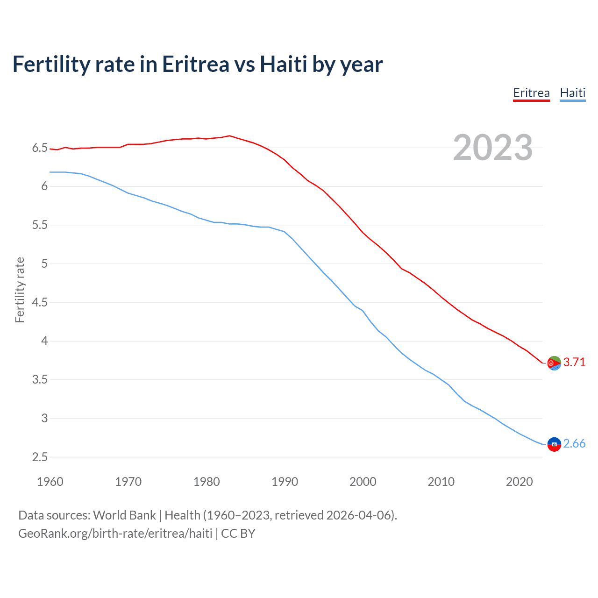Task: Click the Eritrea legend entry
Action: tap(531, 93)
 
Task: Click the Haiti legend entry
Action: tap(572, 93)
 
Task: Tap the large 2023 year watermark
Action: tap(493, 148)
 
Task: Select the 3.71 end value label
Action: tap(574, 362)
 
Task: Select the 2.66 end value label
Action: tap(574, 443)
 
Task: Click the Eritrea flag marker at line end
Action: tap(554, 363)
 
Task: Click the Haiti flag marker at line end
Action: tap(554, 444)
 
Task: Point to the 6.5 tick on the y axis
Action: tap(40, 148)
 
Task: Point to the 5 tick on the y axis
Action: tap(44, 264)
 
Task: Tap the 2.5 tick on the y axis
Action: tap(40, 457)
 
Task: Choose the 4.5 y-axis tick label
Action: tap(40, 302)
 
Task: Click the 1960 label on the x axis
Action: tap(50, 482)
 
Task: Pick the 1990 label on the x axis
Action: tap(285, 482)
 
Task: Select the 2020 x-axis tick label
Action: tap(519, 482)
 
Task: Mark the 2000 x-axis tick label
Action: tap(363, 482)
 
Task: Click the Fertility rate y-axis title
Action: tap(20, 290)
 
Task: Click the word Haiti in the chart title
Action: tap(284, 64)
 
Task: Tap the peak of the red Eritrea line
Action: tap(229, 136)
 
